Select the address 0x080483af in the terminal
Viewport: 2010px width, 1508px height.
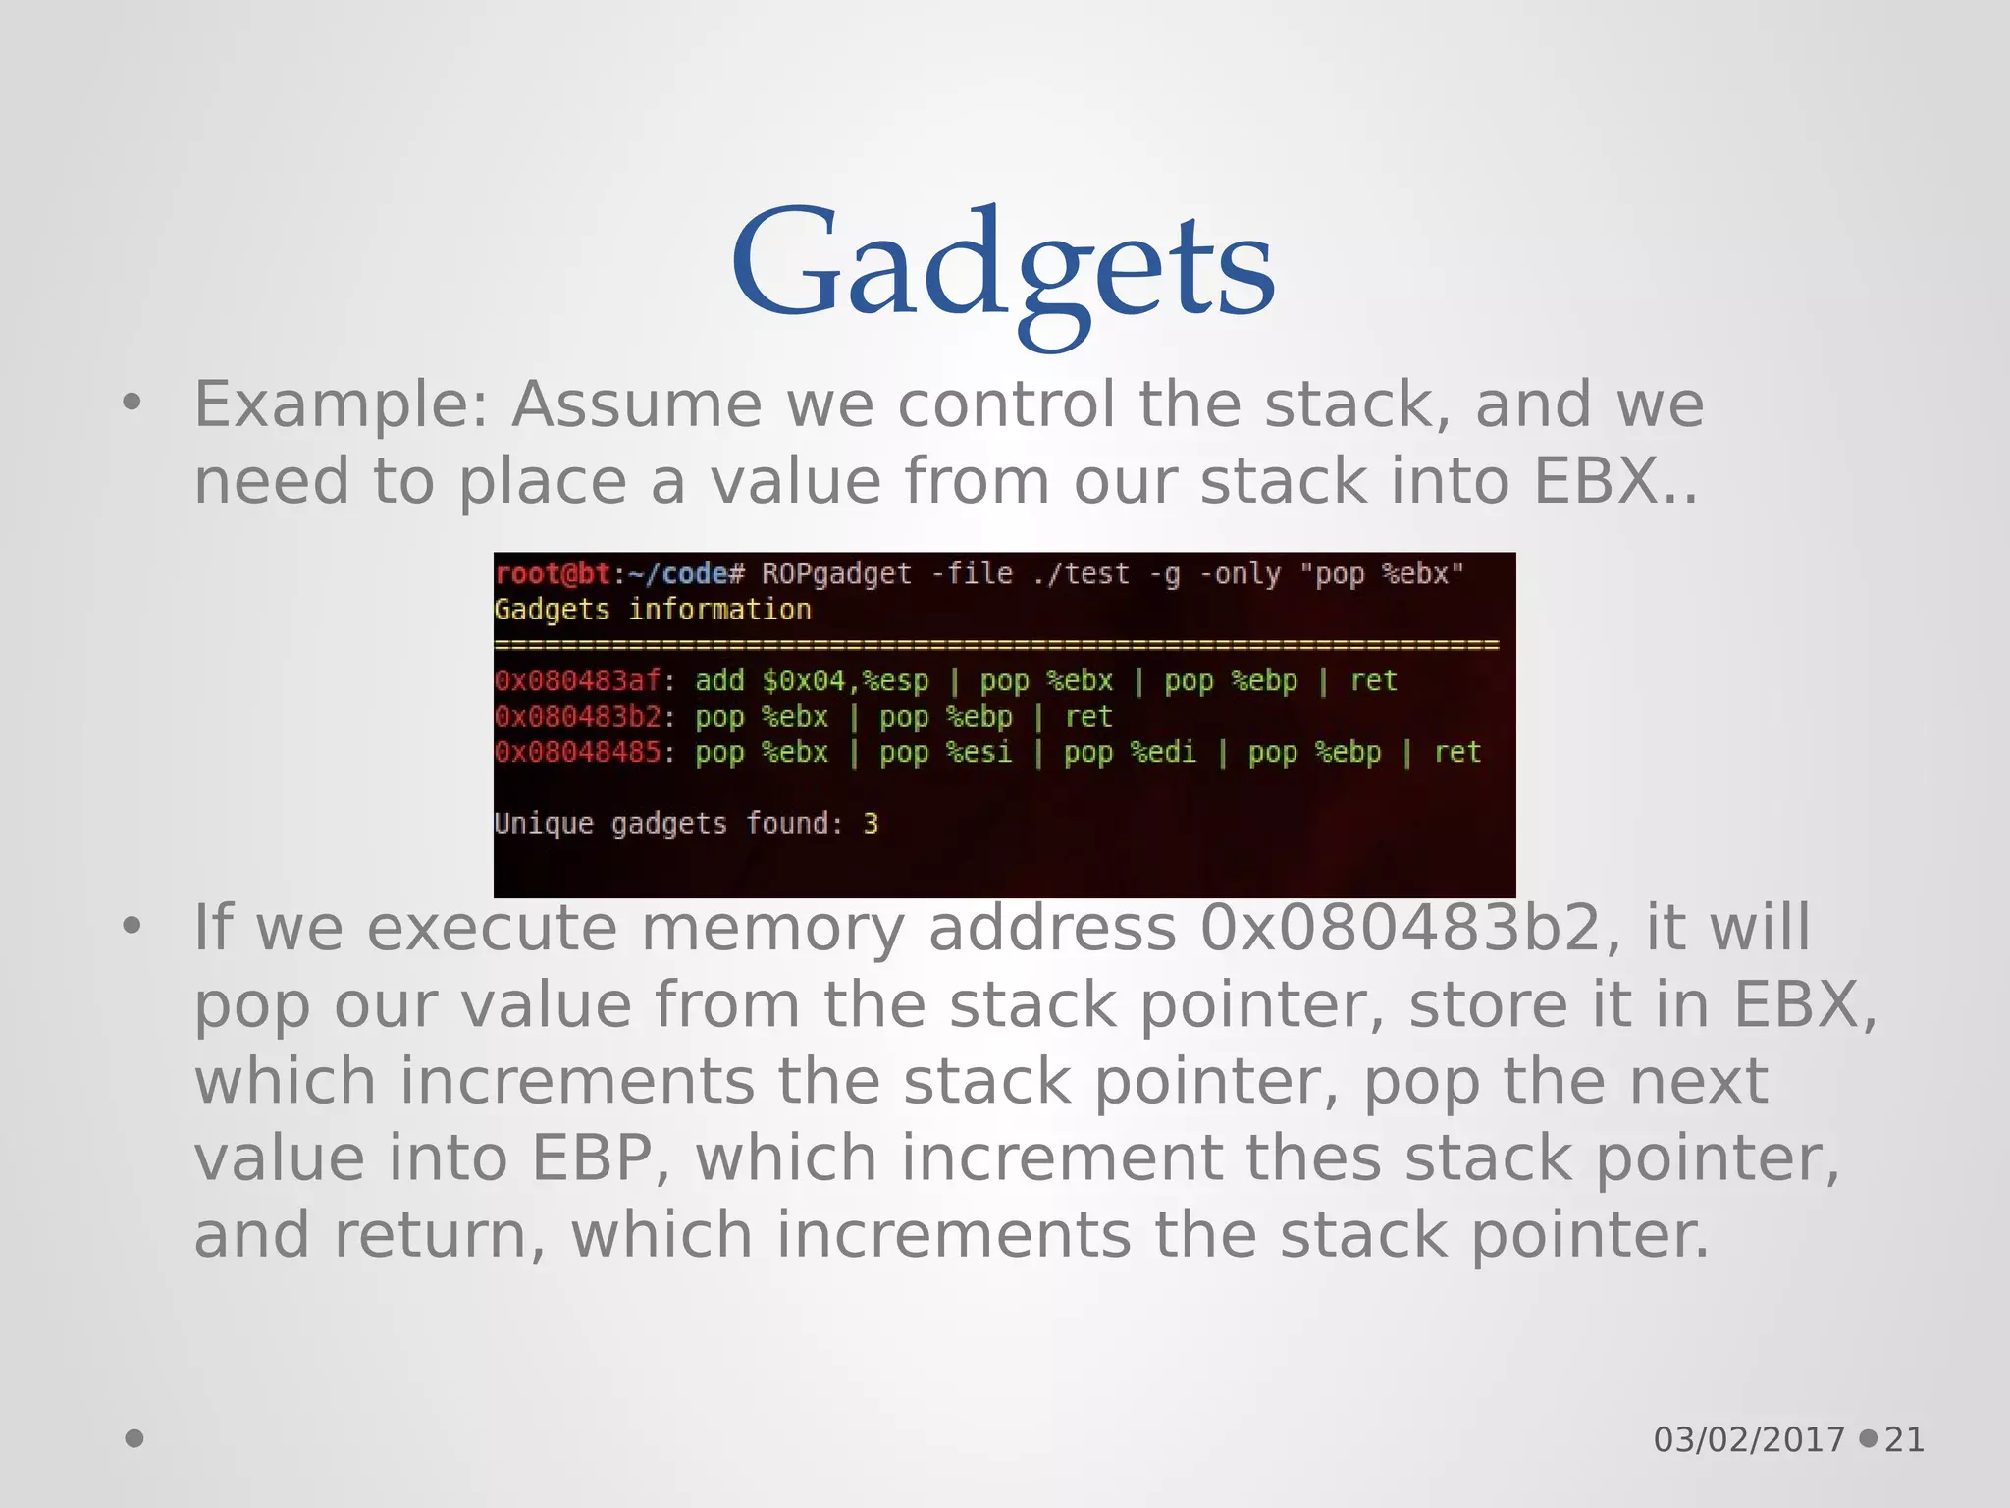(577, 680)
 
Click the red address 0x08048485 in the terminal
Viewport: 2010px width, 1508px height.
(577, 753)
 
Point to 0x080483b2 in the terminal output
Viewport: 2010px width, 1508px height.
(577, 717)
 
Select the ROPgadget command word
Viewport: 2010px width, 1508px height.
(836, 573)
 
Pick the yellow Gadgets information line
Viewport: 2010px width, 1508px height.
(653, 610)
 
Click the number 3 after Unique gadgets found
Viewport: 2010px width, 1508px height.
(871, 824)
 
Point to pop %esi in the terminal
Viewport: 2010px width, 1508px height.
(945, 753)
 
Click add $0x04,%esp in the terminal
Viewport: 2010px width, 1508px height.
(811, 680)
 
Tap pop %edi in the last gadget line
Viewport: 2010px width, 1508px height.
(1130, 753)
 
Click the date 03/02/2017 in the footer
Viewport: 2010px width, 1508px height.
(1749, 1439)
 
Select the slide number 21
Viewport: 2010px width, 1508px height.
(1904, 1439)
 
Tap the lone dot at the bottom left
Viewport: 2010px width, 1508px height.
(134, 1438)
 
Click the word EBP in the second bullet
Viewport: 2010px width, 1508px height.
(592, 1158)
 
